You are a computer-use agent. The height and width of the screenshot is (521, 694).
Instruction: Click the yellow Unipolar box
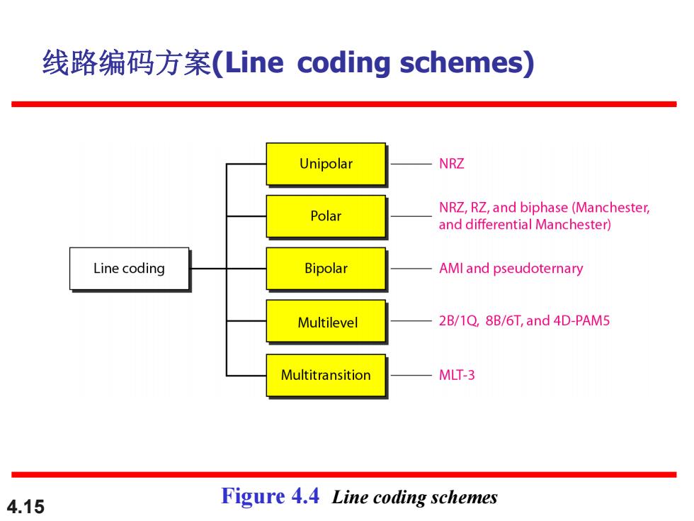(326, 164)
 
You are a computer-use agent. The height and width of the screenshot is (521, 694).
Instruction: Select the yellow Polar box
(326, 216)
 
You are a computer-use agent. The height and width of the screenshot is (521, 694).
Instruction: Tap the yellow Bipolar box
(326, 269)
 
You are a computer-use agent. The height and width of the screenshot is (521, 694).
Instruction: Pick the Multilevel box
(326, 321)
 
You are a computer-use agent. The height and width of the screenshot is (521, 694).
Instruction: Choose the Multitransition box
(326, 375)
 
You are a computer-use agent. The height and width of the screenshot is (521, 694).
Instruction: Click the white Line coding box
(129, 269)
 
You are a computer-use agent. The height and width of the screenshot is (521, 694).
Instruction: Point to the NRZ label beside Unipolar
(452, 164)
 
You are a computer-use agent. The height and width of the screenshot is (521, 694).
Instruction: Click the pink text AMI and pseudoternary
(511, 269)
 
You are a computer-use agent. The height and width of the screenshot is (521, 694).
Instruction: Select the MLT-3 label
(457, 375)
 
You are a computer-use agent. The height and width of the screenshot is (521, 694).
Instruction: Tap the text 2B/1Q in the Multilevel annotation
(459, 320)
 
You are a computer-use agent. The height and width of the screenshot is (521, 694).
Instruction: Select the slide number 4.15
(25, 507)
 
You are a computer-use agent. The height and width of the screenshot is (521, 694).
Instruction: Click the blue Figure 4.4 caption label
(270, 496)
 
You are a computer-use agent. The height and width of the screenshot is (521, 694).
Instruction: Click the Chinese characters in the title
(127, 62)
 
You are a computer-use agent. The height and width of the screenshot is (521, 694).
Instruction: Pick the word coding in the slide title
(344, 63)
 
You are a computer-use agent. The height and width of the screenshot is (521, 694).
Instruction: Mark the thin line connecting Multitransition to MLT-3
(411, 375)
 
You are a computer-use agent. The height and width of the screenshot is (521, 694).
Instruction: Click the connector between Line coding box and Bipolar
(227, 269)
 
